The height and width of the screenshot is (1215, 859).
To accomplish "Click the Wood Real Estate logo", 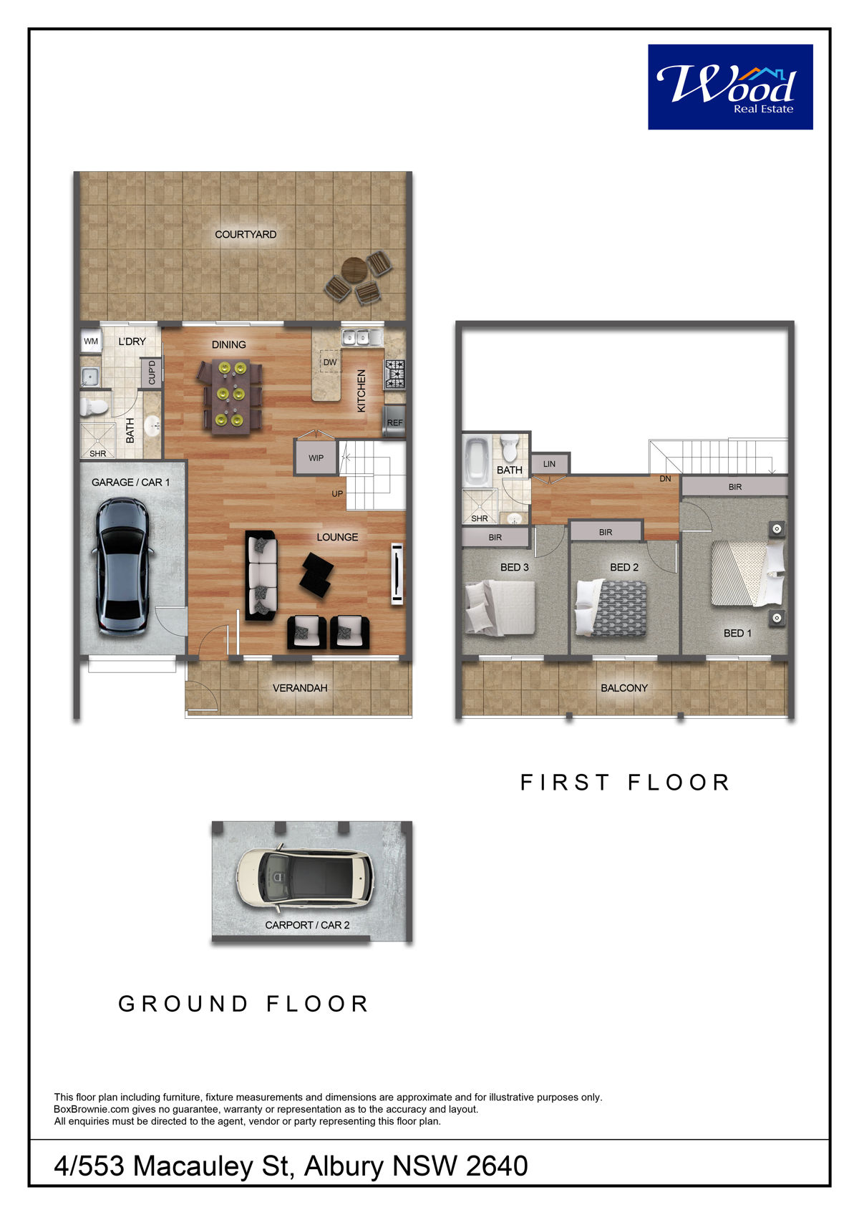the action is pyautogui.click(x=730, y=87).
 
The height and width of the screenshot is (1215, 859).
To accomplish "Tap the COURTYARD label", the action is pyautogui.click(x=246, y=234).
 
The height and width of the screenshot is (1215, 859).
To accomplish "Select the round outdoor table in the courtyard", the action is pyautogui.click(x=354, y=269).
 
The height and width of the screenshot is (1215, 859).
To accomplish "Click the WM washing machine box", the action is pyautogui.click(x=91, y=342).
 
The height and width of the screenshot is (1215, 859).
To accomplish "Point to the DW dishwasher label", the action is pyautogui.click(x=330, y=362).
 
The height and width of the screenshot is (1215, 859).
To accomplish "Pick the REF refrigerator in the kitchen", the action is pyautogui.click(x=395, y=422).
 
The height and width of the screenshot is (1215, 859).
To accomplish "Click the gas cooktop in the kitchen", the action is pyautogui.click(x=395, y=374).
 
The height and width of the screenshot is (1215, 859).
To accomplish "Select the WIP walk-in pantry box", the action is pyautogui.click(x=316, y=458).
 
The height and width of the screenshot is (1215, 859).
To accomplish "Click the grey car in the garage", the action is pyautogui.click(x=122, y=566).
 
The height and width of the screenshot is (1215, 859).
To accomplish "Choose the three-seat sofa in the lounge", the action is pyautogui.click(x=261, y=575).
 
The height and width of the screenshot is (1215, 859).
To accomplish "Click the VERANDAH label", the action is pyautogui.click(x=300, y=688).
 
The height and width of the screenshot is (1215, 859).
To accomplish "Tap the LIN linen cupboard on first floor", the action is pyautogui.click(x=550, y=464).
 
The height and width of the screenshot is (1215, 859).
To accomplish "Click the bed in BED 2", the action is pyautogui.click(x=611, y=607).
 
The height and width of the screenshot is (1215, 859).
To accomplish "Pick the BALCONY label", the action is pyautogui.click(x=624, y=688).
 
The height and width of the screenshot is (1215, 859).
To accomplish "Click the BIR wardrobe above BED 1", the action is pyautogui.click(x=735, y=487).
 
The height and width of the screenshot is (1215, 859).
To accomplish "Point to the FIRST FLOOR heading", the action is pyautogui.click(x=625, y=783).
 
